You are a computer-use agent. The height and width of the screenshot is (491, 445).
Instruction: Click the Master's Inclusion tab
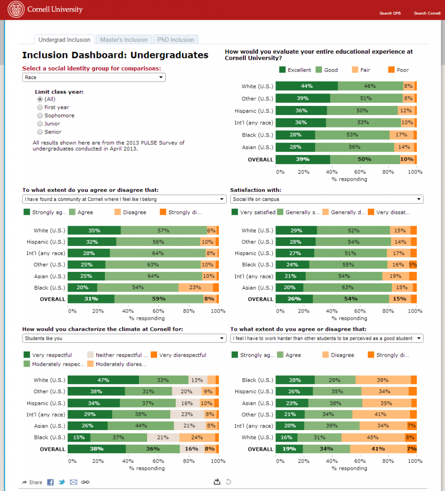coord(124,40)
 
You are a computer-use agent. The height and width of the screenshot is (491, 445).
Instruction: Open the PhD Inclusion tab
coord(175,40)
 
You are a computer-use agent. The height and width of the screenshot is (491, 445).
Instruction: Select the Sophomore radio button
coord(40,116)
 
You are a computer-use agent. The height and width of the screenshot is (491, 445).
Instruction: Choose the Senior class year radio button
coord(40,132)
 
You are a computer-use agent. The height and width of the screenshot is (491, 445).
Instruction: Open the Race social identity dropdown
coord(93,77)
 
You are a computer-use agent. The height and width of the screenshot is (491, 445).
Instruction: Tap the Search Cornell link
coord(427,13)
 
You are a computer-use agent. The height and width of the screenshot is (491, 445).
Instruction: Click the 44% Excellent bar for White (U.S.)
coord(307,86)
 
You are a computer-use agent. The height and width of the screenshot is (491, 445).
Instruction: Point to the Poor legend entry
coord(398,70)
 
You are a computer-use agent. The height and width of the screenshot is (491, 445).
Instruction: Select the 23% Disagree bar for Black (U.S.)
coord(195,288)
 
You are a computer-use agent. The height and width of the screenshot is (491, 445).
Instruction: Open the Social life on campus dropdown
coord(326,199)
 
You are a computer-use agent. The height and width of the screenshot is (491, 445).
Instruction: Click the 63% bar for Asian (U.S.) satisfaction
coord(347,288)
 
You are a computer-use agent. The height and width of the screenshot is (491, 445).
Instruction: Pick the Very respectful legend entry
coord(47,355)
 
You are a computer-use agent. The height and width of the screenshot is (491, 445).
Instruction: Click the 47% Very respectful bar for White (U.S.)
coord(103,380)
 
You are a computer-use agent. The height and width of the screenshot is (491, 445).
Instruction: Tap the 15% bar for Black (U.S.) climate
coord(79,438)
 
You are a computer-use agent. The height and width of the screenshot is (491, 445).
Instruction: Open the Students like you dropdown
coord(124,339)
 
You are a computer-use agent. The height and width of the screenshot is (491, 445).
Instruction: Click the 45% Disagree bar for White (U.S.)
coord(373,438)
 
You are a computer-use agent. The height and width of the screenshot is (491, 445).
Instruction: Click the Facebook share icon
coord(50,482)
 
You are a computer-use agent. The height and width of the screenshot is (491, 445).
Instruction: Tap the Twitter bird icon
coord(62,482)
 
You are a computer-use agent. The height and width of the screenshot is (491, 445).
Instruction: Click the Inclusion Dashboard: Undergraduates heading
coord(115,55)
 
